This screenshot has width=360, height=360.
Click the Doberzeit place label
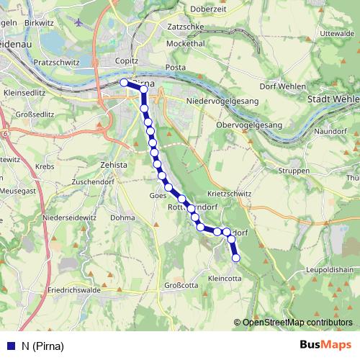(x=209, y=9)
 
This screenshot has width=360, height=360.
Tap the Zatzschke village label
(x=184, y=27)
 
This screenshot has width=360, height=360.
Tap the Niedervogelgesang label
(x=222, y=102)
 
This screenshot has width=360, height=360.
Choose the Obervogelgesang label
(x=249, y=125)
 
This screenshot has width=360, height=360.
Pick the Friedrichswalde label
(x=74, y=292)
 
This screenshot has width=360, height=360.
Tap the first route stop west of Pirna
(x=124, y=83)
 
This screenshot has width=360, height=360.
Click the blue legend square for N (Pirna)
(x=11, y=345)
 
